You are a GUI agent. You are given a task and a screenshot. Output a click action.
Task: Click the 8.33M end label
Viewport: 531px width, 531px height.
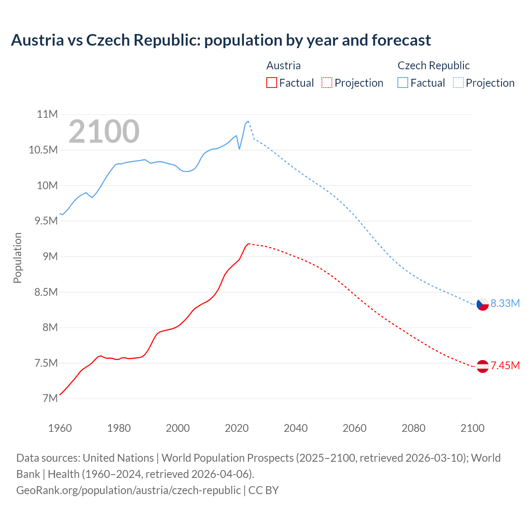[505, 303]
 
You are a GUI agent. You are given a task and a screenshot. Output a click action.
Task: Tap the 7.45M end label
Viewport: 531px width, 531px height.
[505, 365]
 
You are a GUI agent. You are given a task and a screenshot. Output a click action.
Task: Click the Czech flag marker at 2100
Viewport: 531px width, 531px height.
[482, 304]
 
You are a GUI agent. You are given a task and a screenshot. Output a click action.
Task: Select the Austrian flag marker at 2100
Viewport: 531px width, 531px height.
[482, 366]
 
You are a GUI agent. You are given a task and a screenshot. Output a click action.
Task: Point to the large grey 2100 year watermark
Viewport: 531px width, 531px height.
[104, 131]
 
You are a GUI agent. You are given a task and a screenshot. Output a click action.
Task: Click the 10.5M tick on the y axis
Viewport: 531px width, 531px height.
[43, 150]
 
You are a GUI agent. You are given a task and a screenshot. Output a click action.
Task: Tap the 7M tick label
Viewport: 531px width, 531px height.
[50, 398]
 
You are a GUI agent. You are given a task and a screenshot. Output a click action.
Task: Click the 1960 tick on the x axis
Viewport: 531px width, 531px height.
[60, 428]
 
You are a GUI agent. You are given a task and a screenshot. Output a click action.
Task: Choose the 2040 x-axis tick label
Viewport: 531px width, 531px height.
[295, 428]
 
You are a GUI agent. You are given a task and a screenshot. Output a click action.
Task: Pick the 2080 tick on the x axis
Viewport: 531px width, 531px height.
[413, 428]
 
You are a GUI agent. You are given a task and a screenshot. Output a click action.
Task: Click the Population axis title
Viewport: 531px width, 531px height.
[17, 258]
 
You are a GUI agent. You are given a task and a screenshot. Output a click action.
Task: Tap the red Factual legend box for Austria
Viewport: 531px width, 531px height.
[271, 83]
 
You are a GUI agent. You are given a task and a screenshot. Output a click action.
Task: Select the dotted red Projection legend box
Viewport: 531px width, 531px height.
[326, 83]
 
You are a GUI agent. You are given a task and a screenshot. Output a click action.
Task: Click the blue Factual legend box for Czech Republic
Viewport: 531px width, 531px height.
[402, 83]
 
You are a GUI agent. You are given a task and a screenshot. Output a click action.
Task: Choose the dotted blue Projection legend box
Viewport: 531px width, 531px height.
[458, 83]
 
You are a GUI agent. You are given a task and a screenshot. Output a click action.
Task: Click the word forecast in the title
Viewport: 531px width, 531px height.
[401, 40]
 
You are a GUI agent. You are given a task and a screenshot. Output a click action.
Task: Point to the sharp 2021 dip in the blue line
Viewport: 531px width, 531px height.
[239, 149]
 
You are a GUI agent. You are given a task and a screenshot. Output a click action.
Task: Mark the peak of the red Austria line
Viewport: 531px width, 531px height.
[248, 244]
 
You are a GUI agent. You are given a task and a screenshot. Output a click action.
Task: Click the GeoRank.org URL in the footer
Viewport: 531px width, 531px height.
[128, 490]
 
